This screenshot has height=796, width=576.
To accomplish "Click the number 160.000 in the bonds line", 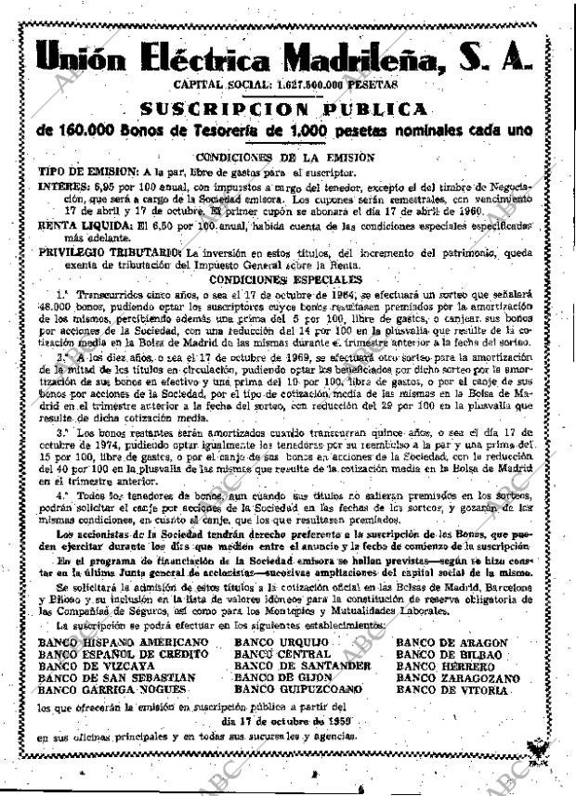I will point(90,133).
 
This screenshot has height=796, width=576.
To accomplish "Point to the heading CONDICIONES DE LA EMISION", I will point(286,158).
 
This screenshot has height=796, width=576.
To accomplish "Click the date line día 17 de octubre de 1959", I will point(284,721).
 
